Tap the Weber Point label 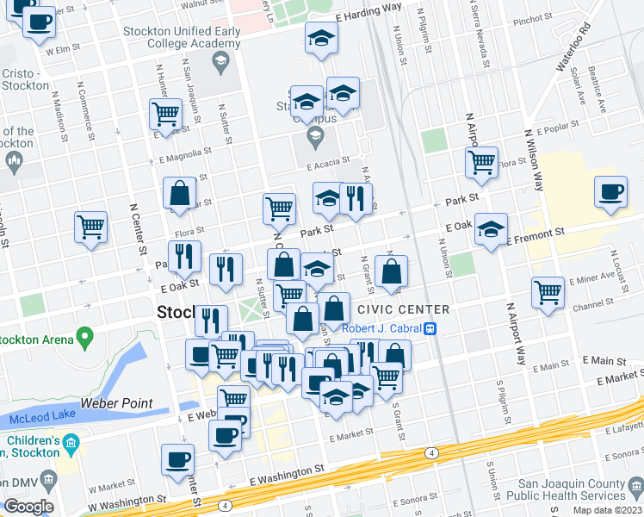117,403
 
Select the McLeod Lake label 37,419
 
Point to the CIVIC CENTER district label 403,309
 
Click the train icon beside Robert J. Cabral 428,328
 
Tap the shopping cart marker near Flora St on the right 481,160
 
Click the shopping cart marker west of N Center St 90,227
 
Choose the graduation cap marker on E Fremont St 491,228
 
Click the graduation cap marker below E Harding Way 321,37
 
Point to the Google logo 28,507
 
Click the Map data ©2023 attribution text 606,510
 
